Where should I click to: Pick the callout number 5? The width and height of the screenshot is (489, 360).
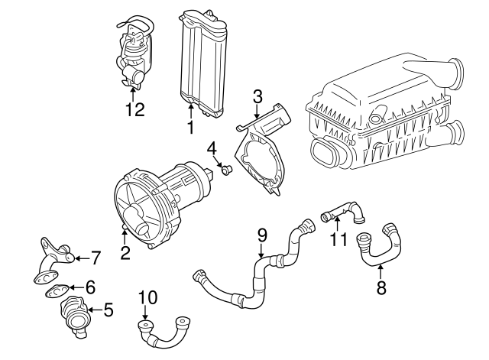click(x=108, y=310)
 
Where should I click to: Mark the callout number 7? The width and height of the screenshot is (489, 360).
click(x=96, y=256)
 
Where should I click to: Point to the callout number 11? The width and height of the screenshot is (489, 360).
click(x=337, y=239)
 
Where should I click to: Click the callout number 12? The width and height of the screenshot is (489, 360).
click(x=134, y=109)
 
